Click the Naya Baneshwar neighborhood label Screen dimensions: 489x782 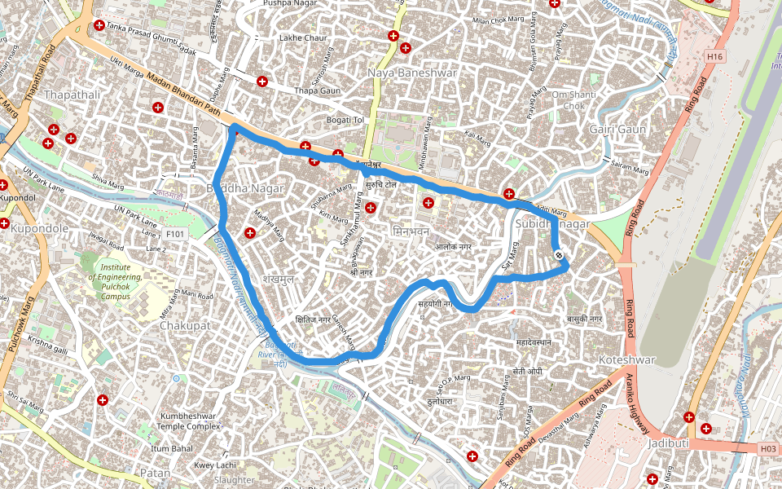(x=412, y=73)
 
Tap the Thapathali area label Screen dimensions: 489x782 (x=72, y=95)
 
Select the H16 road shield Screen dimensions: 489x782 (x=715, y=56)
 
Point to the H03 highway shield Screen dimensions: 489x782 (x=767, y=448)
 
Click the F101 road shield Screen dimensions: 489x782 (x=175, y=234)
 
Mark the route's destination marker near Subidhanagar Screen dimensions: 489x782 (x=559, y=256)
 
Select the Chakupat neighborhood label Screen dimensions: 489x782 (x=185, y=325)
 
